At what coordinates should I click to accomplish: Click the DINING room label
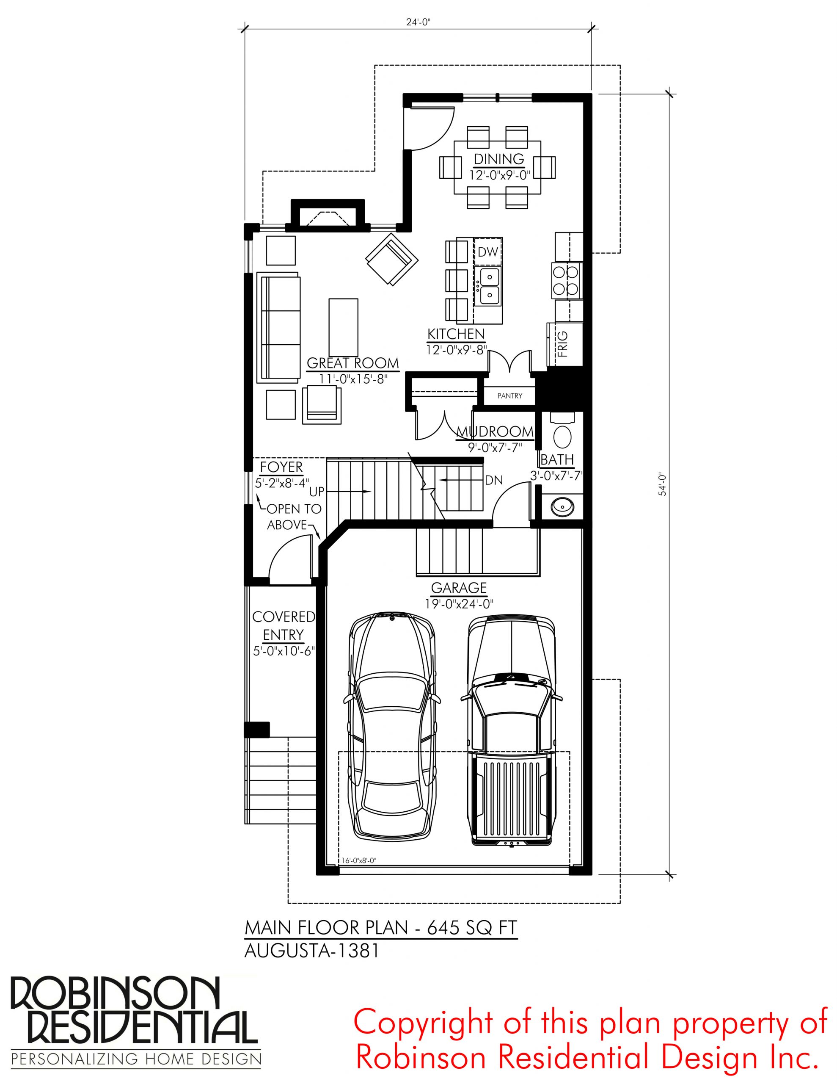(x=499, y=159)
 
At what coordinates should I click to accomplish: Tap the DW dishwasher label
(x=488, y=252)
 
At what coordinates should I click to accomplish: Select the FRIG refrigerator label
(x=562, y=344)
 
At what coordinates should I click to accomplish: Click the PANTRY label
(x=509, y=395)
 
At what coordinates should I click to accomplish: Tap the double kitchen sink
(x=488, y=286)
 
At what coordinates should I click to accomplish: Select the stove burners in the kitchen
(x=566, y=280)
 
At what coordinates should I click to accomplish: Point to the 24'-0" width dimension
(x=417, y=22)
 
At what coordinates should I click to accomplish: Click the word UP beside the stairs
(x=317, y=491)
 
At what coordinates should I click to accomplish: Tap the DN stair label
(x=494, y=480)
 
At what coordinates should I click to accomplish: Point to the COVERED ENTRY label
(x=283, y=626)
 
